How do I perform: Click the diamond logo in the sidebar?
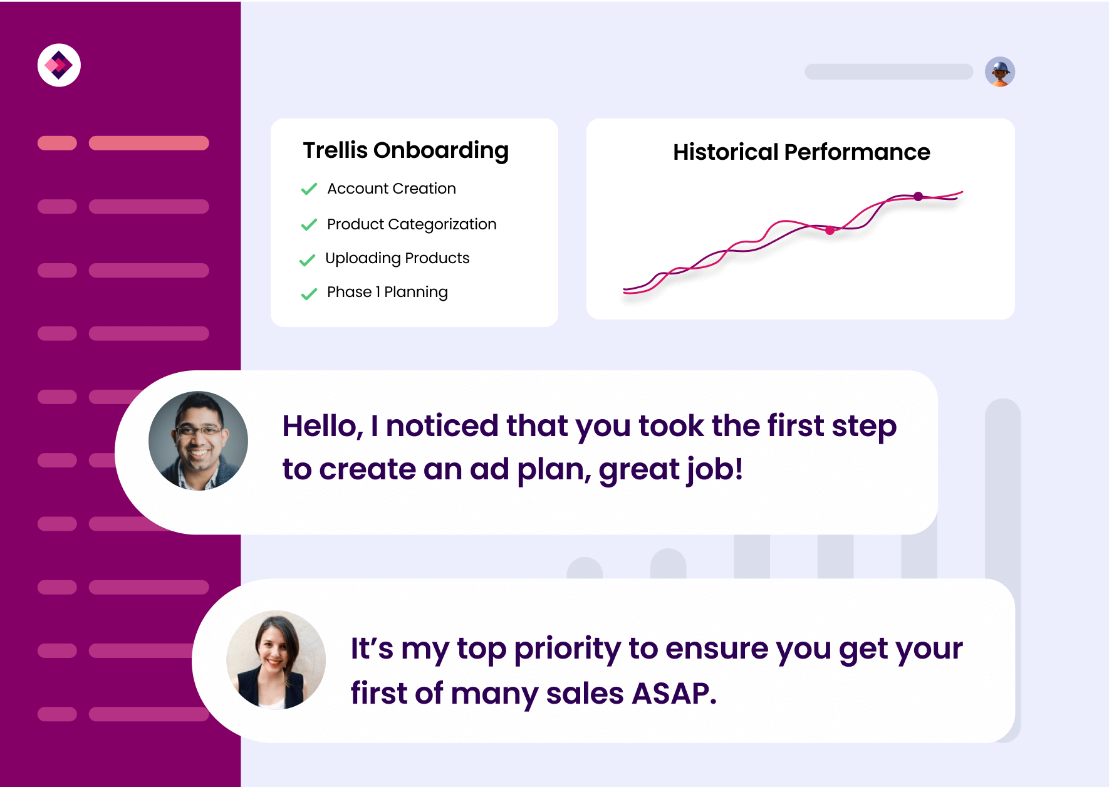59,65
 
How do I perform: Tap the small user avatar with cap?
1000,71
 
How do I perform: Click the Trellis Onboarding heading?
406,151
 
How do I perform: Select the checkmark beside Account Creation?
309,189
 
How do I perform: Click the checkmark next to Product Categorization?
309,224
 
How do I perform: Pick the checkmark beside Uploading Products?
307,259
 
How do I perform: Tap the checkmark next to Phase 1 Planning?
309,293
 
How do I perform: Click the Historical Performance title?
801,152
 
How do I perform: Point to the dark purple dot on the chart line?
918,197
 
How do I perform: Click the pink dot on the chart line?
830,231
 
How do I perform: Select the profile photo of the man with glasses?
198,440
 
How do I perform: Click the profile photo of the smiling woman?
276,660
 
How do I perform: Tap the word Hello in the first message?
323,426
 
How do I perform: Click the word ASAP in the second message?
674,694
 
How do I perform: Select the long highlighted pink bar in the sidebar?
148,143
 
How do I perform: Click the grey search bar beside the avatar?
888,71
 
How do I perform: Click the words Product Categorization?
412,224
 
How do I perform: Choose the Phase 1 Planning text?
387,293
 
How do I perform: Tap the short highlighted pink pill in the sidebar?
57,143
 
